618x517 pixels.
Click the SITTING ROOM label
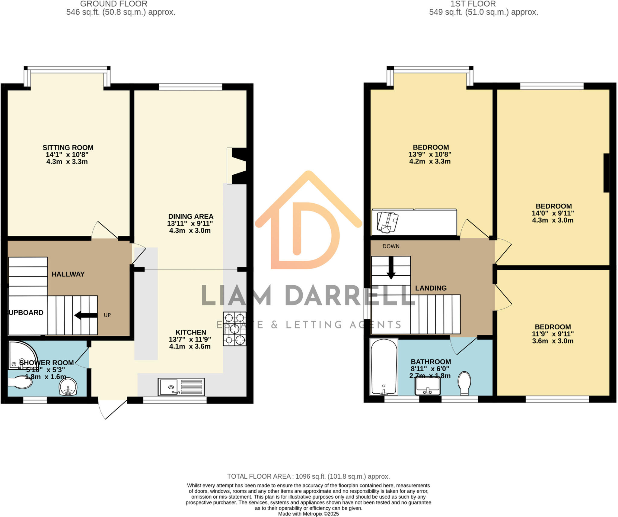[68, 148]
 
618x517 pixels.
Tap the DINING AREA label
[191, 217]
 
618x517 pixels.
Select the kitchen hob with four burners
[234, 329]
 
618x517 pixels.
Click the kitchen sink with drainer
[181, 387]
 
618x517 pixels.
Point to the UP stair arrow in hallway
[86, 315]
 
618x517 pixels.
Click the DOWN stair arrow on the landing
[391, 268]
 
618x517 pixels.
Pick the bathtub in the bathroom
[384, 367]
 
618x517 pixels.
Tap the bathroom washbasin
[428, 386]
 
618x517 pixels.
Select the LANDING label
[431, 288]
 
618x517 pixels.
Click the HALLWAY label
[68, 274]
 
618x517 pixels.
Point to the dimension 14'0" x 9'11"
[553, 213]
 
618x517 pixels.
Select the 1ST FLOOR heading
[473, 4]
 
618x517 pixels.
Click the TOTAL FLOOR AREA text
[308, 477]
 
